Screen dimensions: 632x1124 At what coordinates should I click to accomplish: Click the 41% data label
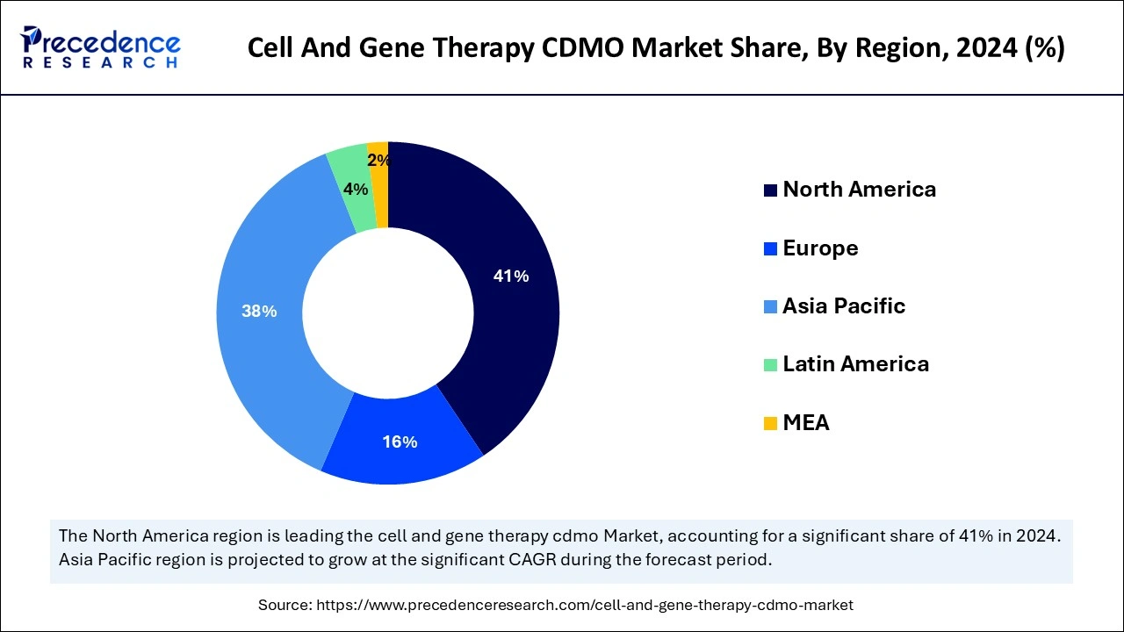pyautogui.click(x=511, y=276)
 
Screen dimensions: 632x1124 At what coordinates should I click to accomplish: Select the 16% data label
pyautogui.click(x=400, y=442)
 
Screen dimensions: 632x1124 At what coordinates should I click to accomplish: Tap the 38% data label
pyautogui.click(x=259, y=311)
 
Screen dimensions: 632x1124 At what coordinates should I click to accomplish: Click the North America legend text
pyautogui.click(x=859, y=190)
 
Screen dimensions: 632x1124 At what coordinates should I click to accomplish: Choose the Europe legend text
pyautogui.click(x=820, y=248)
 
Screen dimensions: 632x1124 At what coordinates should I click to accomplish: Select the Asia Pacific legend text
pyautogui.click(x=843, y=306)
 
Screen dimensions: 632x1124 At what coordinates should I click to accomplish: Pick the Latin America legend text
pyautogui.click(x=855, y=364)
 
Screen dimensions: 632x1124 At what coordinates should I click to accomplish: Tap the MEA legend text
pyautogui.click(x=805, y=423)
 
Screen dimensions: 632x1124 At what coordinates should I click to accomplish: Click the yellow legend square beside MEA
pyautogui.click(x=770, y=424)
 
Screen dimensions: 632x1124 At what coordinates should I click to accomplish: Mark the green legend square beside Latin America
pyautogui.click(x=770, y=365)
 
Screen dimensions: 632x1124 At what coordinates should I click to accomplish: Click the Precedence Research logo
pyautogui.click(x=101, y=47)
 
